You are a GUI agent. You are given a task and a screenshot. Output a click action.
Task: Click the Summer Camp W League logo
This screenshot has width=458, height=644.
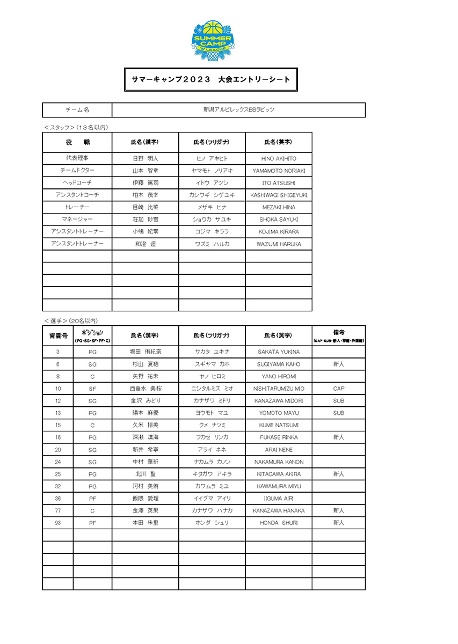tap(212, 41)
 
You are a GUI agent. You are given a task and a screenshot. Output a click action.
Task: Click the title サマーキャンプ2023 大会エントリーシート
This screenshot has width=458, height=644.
tap(211, 79)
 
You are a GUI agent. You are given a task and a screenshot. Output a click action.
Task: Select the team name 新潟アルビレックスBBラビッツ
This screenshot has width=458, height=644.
tap(238, 109)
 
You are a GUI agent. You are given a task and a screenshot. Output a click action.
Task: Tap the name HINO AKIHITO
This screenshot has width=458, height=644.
tap(279, 159)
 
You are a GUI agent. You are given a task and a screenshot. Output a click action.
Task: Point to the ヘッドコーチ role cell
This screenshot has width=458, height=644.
tap(77, 183)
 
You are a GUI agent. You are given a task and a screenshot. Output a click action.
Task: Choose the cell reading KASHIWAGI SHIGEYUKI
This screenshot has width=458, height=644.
tap(279, 195)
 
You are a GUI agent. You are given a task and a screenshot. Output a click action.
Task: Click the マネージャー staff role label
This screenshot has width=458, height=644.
tap(77, 219)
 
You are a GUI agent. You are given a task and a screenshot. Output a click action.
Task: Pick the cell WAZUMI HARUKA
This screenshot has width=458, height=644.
tap(279, 244)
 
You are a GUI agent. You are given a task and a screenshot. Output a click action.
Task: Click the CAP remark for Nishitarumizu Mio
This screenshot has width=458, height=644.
tap(338, 389)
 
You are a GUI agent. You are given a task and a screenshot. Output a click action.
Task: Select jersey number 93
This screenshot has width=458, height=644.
tap(58, 523)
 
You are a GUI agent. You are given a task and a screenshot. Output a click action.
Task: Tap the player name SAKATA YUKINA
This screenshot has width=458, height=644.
tap(279, 352)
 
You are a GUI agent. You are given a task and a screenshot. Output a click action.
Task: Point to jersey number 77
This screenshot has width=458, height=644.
tap(58, 510)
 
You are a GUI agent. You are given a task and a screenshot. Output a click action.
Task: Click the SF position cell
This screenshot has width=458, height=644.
tap(92, 389)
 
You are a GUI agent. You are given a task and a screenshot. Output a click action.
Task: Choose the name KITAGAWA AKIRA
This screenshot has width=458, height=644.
tap(279, 474)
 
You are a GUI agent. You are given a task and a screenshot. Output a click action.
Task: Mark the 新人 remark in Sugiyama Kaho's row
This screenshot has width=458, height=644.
tap(338, 364)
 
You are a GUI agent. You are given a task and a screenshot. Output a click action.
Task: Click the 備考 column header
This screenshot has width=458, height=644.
tap(338, 335)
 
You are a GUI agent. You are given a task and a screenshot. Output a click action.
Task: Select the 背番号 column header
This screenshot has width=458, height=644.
tap(58, 335)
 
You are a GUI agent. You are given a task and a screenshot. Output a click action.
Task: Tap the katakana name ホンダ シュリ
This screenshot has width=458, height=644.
tap(212, 523)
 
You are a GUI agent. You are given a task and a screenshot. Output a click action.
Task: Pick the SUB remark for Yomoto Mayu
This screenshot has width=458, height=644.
tap(338, 413)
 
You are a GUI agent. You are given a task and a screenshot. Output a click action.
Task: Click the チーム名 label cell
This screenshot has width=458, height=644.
tap(77, 109)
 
